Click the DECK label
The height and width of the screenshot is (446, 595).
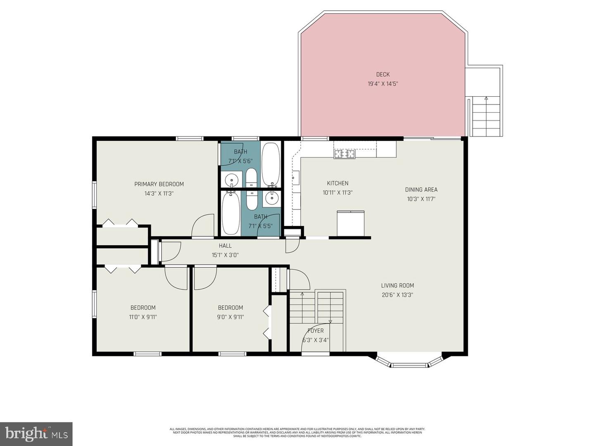tap(383, 74)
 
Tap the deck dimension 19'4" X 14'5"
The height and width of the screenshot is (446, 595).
tap(383, 84)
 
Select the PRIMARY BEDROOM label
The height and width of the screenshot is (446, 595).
tap(159, 184)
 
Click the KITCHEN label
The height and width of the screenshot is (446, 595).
tap(338, 183)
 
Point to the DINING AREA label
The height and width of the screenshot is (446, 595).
tap(421, 190)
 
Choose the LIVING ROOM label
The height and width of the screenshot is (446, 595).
tap(397, 285)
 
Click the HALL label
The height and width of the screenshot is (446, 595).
tap(225, 246)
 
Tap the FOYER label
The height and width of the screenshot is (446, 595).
tap(316, 331)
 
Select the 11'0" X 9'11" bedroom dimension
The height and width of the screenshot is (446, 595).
tap(143, 317)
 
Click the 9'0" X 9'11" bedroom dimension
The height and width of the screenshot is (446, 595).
tap(230, 317)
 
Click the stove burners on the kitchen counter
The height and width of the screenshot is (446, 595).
tap(345, 154)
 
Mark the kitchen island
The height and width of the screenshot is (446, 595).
tap(351, 223)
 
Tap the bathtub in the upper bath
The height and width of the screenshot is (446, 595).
tap(271, 164)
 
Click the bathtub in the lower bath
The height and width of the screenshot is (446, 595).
tap(231, 214)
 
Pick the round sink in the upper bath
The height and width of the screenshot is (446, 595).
tap(231, 180)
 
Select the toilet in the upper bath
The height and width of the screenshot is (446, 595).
tap(251, 178)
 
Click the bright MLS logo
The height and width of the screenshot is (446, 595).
tap(36, 434)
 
